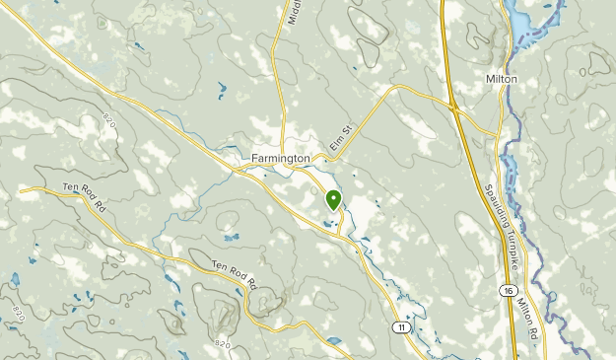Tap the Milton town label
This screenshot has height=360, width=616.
(x=502, y=78)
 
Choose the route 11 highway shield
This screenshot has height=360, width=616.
(x=400, y=326)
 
